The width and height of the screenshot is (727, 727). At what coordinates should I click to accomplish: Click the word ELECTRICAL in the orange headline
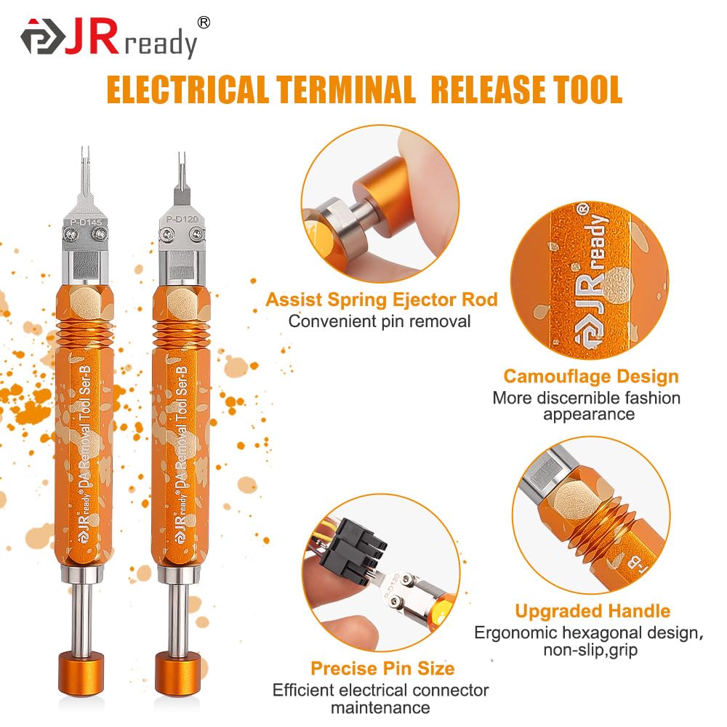[x=188, y=89]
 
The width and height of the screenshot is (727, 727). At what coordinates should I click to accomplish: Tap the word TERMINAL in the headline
[x=346, y=89]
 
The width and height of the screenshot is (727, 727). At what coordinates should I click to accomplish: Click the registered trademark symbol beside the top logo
[x=204, y=23]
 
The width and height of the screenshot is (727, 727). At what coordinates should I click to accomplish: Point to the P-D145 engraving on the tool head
[x=87, y=222]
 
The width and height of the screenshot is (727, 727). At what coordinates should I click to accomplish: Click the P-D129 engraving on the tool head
[x=182, y=219]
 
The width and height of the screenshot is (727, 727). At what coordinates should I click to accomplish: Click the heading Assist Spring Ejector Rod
[x=382, y=300]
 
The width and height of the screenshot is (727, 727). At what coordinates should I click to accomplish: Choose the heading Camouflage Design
[x=591, y=377]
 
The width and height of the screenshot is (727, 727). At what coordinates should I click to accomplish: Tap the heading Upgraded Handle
[x=593, y=611]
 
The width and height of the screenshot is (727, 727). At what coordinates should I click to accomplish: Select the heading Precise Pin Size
[x=382, y=669]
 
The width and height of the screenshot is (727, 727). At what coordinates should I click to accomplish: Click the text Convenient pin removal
[x=379, y=321]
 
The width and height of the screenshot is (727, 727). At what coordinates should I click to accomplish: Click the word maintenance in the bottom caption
[x=380, y=708]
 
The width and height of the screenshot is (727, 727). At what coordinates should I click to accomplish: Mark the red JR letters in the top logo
[x=92, y=37]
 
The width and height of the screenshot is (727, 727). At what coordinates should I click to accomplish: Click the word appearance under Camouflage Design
[x=589, y=414]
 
